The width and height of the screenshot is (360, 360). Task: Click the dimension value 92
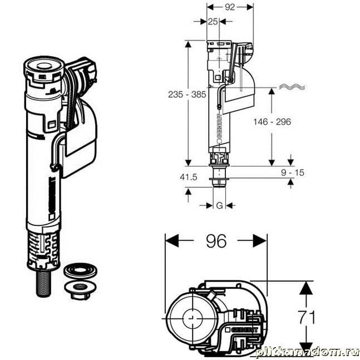tap(230, 8)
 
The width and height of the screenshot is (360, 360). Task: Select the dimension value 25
tap(212, 22)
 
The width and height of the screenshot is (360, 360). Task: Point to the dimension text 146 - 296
tap(272, 121)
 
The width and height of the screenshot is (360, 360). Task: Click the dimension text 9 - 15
tap(292, 172)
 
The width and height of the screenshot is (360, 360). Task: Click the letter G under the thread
tap(219, 205)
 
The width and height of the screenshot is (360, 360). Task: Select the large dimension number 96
tap(216, 241)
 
